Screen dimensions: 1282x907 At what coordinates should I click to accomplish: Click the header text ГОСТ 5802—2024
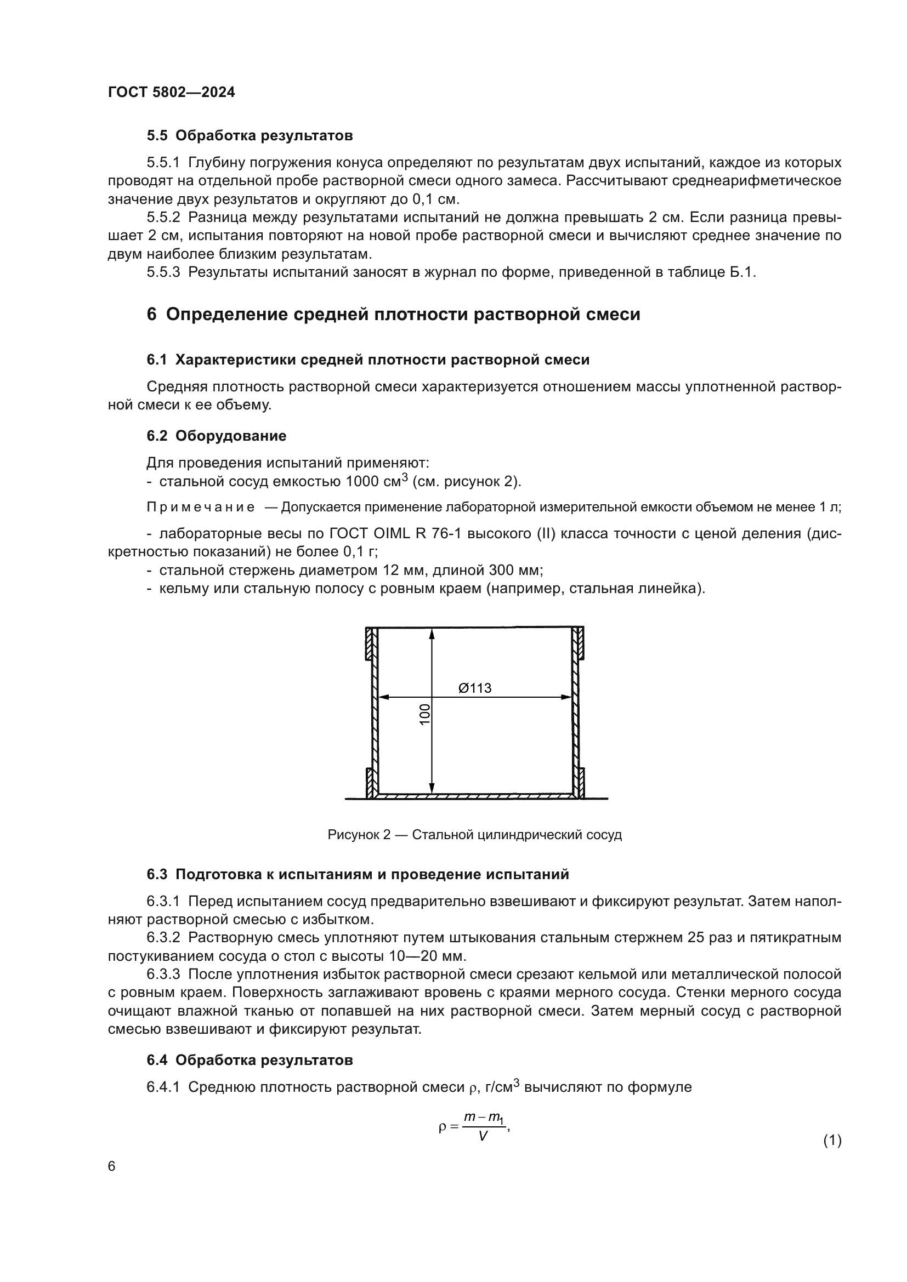coord(171,92)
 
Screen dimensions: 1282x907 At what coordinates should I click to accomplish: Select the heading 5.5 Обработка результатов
coord(250,136)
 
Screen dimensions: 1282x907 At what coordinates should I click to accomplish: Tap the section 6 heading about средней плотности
coord(393,315)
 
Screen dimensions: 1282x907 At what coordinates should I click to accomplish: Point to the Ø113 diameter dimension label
coord(475,688)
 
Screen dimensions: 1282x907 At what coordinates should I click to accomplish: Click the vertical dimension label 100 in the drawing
coord(425,715)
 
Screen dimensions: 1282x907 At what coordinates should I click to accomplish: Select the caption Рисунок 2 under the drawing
coord(474,835)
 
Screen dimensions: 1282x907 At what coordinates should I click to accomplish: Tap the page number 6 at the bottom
coord(112,1166)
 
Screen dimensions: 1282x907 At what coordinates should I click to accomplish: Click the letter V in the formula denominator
coord(483,1136)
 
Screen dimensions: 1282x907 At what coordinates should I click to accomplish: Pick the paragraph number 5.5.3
coord(163,272)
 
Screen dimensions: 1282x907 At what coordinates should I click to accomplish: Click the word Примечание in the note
coord(201,507)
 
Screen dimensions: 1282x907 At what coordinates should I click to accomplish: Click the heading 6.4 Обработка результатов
coord(250,1060)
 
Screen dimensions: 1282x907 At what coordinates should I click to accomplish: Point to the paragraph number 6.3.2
coord(163,937)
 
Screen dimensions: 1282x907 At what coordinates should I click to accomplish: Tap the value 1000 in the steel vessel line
coord(362,481)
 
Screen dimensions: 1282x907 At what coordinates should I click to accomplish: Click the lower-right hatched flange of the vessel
coord(581,782)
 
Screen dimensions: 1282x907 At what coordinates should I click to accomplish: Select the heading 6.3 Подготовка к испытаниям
coord(358,874)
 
